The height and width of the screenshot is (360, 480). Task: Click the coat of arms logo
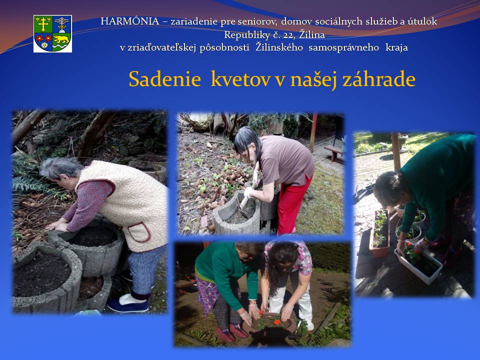pyautogui.click(x=52, y=33)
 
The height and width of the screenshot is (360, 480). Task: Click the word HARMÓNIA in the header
pyautogui.click(x=130, y=21)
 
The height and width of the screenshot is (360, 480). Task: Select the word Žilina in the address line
pyautogui.click(x=312, y=34)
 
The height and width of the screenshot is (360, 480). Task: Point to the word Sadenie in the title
pyautogui.click(x=164, y=79)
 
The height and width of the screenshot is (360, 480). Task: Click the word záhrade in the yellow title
pyautogui.click(x=378, y=79)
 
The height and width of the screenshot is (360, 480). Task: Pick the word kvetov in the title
pyautogui.click(x=240, y=79)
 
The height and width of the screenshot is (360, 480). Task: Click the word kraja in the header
pyautogui.click(x=396, y=48)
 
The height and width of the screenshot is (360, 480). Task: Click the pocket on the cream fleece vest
pyautogui.click(x=139, y=232)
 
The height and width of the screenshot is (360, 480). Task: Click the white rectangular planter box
pyautogui.click(x=418, y=264)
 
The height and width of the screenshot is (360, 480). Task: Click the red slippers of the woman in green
pyautogui.click(x=232, y=333)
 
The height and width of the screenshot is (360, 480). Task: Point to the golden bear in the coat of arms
pyautogui.click(x=61, y=39)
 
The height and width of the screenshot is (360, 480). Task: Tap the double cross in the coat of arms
pyautogui.click(x=43, y=24)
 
